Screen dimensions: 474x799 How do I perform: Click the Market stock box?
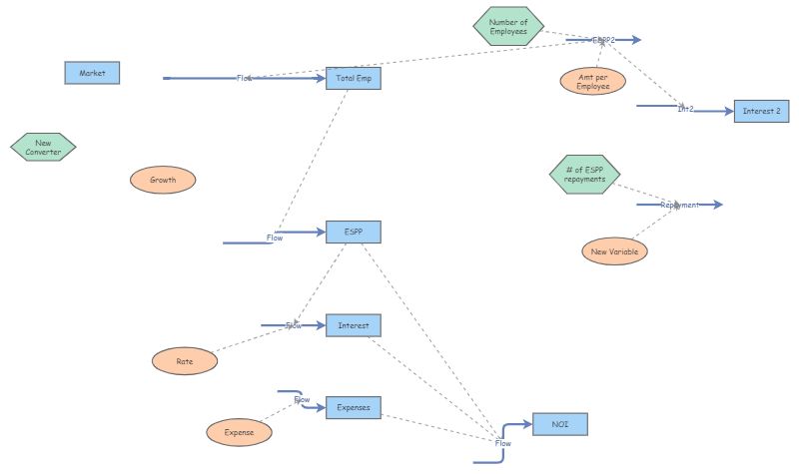coord(92,73)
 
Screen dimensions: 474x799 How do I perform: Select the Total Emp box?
coord(354,78)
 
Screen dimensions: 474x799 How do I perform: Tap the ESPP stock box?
coord(354,232)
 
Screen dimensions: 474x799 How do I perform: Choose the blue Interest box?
coord(354,325)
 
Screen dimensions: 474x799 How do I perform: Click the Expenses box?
coord(354,407)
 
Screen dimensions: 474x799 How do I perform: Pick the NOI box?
coord(560,424)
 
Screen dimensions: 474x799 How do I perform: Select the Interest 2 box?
coord(762,112)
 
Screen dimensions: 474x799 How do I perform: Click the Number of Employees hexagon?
coord(508,27)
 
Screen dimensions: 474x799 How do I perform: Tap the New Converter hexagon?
coord(43,148)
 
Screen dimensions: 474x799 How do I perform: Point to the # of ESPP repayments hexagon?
coord(584,174)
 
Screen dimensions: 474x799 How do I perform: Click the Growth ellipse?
coord(163,181)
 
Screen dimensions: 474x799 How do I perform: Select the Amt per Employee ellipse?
coord(593,82)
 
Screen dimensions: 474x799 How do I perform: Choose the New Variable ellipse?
coord(614,251)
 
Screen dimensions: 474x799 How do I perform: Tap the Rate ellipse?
coord(185,362)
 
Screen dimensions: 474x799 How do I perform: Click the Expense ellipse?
coord(239,432)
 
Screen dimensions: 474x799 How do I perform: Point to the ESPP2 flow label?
coord(603,41)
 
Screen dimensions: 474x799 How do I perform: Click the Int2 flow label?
coord(686,108)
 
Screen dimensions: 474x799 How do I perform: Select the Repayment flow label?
coord(679,205)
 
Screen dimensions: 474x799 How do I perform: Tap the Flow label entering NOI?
coord(503,443)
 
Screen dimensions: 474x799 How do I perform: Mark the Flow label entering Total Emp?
coord(245,78)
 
